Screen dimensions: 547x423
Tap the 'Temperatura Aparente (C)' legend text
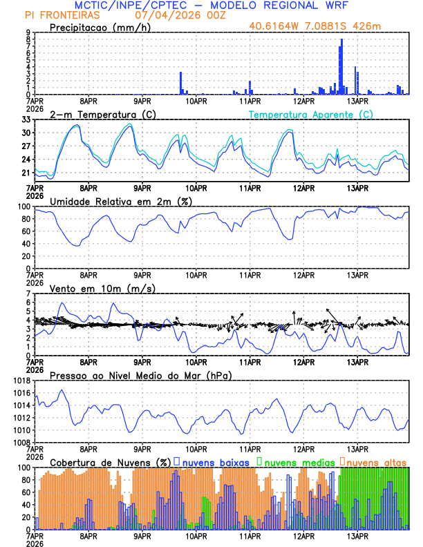pyautogui.click(x=311, y=114)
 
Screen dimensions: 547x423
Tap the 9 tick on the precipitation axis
pyautogui.click(x=28, y=32)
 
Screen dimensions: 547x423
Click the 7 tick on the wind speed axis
pyautogui.click(x=28, y=294)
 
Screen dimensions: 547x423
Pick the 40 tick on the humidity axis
pyautogui.click(x=25, y=244)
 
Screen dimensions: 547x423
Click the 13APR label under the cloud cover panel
pyautogui.click(x=357, y=536)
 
